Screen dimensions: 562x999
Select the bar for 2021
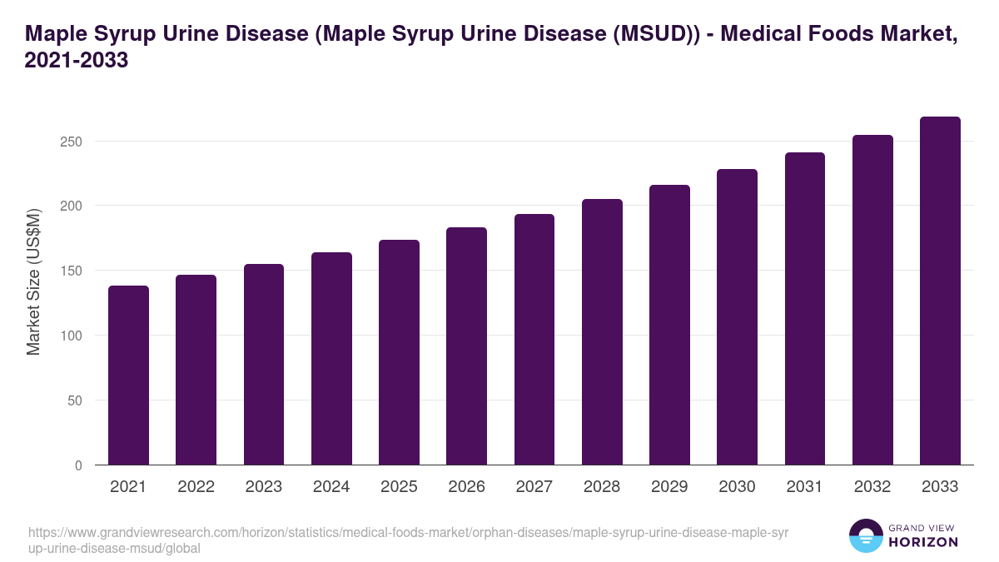tap(128, 375)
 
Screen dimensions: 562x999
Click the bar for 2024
tap(331, 359)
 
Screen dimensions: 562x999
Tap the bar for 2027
tap(534, 340)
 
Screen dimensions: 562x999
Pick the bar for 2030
tap(737, 317)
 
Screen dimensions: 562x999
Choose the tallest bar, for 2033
tap(940, 291)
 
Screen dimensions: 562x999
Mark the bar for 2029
tap(669, 325)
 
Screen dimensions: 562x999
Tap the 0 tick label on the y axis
tap(78, 465)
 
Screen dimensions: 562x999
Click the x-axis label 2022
tap(196, 487)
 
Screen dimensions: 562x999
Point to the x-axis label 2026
tap(466, 487)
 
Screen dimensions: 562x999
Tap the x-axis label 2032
tap(872, 487)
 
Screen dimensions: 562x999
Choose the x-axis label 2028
tap(602, 487)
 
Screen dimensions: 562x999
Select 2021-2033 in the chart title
tap(77, 61)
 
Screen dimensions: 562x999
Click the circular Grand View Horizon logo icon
tap(866, 535)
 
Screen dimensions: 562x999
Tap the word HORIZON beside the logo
tap(924, 542)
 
